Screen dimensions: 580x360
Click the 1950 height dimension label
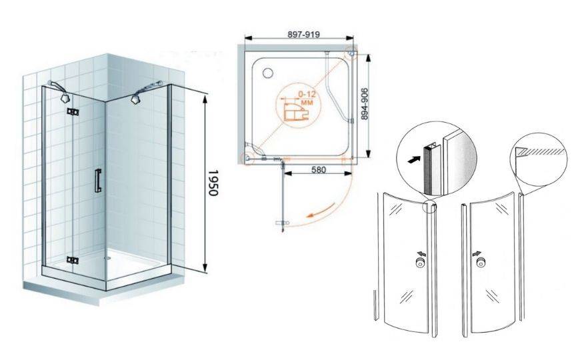click(213, 183)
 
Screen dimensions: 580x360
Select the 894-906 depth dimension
click(365, 103)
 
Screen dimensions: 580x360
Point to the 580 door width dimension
click(319, 169)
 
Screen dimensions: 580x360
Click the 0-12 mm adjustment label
click(307, 97)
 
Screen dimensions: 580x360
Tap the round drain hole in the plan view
click(268, 73)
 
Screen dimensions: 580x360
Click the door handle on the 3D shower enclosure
click(98, 181)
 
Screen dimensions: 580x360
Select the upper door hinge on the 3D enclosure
click(73, 112)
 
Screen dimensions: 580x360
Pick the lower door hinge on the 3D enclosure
click(73, 260)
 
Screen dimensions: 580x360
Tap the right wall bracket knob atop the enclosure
click(135, 99)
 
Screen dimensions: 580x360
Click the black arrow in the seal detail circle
click(414, 159)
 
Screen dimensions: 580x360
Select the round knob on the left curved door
click(420, 263)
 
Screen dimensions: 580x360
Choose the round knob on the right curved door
click(481, 263)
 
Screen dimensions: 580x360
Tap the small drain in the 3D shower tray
click(107, 258)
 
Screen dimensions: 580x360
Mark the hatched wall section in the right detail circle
click(542, 151)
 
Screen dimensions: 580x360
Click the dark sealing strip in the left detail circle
click(427, 169)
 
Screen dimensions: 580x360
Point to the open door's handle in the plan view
click(282, 223)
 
